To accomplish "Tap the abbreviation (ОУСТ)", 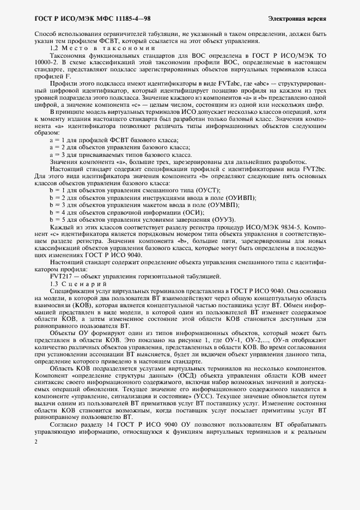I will (205, 190).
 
